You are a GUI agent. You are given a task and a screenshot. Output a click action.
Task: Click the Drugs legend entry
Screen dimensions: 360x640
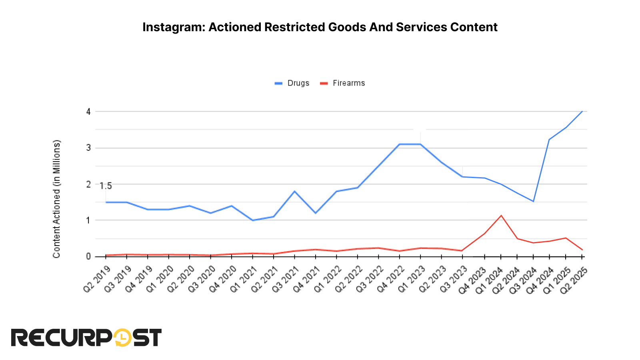tap(298, 83)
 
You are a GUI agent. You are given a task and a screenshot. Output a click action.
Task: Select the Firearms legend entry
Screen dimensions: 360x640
tap(348, 83)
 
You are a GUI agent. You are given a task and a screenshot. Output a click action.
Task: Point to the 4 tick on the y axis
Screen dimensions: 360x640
tap(88, 112)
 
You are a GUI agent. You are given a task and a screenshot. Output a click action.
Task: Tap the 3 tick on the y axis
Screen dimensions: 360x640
tap(88, 148)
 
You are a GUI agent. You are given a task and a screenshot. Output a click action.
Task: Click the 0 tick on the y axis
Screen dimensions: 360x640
tap(88, 256)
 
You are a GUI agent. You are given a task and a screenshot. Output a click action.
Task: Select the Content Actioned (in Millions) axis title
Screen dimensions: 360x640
tap(56, 199)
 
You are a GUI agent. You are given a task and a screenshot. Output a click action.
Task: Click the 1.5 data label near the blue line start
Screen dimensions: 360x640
tap(106, 186)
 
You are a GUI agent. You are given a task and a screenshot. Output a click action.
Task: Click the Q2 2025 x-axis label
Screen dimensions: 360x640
tap(573, 280)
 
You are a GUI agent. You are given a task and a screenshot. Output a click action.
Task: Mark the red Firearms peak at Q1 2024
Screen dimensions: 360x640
tap(501, 216)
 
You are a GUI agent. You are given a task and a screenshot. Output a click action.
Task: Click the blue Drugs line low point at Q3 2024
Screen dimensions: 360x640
tap(533, 201)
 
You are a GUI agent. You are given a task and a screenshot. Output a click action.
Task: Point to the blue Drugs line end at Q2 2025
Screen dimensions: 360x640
tap(582, 111)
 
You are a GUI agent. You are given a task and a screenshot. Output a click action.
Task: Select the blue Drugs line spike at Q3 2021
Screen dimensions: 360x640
tap(295, 191)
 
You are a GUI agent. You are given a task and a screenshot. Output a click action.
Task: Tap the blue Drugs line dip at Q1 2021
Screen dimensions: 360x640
tap(252, 220)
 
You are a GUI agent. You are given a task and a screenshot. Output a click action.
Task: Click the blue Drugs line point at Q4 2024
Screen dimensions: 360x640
tap(549, 140)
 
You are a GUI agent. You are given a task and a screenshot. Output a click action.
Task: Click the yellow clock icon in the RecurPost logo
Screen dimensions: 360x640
tap(123, 338)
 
